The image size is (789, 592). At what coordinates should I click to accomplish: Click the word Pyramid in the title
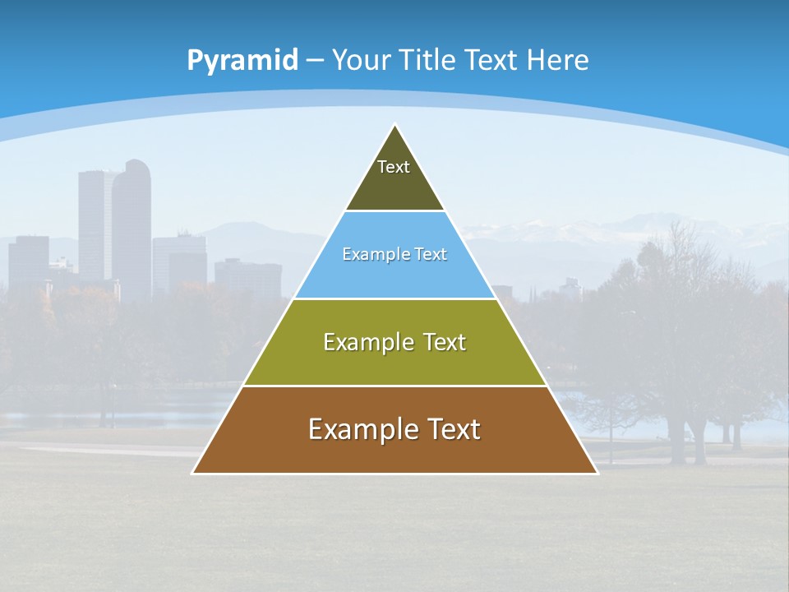click(x=242, y=61)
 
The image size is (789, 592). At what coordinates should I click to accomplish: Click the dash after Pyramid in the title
click(x=314, y=62)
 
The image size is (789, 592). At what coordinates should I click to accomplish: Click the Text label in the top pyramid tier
click(x=394, y=167)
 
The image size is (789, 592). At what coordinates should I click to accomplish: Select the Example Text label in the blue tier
click(x=394, y=255)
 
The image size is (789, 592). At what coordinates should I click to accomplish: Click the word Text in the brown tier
click(x=452, y=429)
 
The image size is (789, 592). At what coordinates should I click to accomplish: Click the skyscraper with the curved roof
click(x=132, y=222)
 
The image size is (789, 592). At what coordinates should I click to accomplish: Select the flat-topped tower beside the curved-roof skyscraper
click(x=93, y=222)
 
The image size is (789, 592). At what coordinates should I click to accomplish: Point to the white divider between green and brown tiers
click(x=394, y=386)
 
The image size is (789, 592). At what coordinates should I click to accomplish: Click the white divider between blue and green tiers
click(x=394, y=298)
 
